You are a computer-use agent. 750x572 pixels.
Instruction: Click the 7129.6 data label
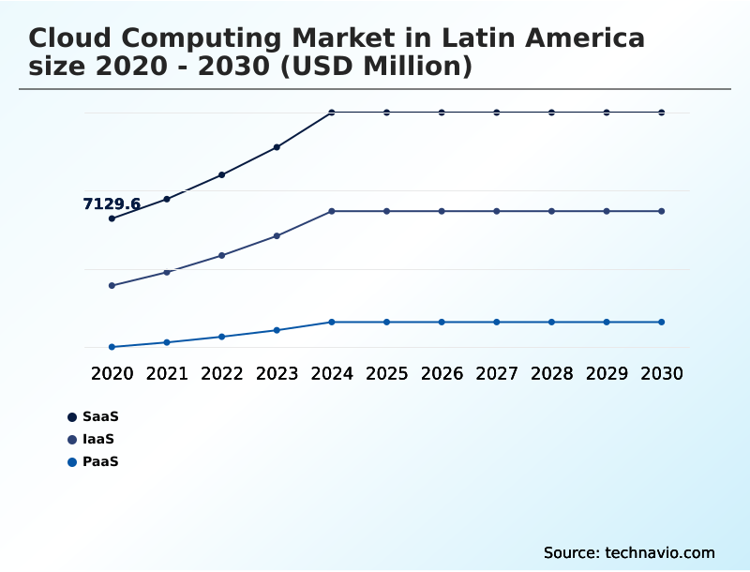[x=112, y=204]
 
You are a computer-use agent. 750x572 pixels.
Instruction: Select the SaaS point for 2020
[x=112, y=218]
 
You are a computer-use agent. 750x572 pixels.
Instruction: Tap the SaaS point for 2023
[x=277, y=147]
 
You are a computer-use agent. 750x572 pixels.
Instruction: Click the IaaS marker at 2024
[x=332, y=211]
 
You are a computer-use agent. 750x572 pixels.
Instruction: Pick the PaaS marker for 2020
[x=112, y=347]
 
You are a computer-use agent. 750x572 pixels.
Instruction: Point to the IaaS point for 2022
[x=222, y=255]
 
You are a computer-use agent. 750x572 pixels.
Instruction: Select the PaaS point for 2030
[x=662, y=322]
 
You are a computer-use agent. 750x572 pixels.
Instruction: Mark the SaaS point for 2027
[x=497, y=113]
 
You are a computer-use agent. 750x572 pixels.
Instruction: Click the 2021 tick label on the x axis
[x=167, y=373]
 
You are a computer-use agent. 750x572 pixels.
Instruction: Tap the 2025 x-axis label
[x=386, y=373]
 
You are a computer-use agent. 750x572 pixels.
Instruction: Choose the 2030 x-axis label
[x=662, y=373]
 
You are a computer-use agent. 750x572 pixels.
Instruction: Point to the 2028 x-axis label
[x=551, y=373]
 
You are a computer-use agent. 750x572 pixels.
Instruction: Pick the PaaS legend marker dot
[x=71, y=461]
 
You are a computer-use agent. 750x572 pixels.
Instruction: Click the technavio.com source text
[x=660, y=552]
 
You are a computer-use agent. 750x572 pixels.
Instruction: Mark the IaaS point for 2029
[x=607, y=211]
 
